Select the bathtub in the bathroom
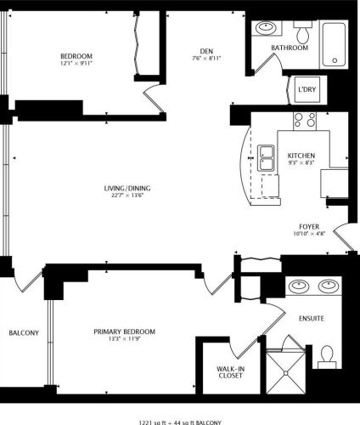coord(335,44)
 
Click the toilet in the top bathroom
coord(302,32)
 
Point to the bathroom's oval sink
coord(267,27)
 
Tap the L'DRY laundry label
coord(305,90)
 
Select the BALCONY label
coord(23,332)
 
